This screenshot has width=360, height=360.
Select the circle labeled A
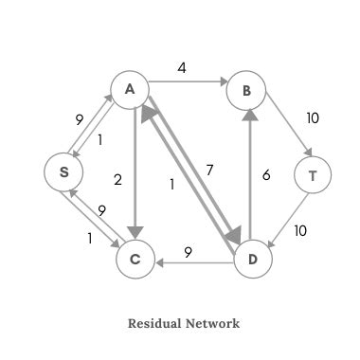(132, 90)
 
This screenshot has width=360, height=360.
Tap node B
(247, 91)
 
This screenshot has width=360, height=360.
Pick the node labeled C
(135, 258)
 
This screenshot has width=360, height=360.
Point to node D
(253, 258)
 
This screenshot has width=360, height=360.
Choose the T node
(314, 175)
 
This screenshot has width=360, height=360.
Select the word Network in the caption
(214, 323)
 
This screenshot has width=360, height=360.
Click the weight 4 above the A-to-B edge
(182, 68)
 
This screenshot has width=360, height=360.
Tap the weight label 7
(209, 170)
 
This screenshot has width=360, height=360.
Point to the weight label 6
(267, 174)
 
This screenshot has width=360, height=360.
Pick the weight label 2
(118, 179)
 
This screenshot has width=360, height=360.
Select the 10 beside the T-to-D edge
(300, 230)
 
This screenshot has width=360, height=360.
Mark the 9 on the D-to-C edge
(189, 251)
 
